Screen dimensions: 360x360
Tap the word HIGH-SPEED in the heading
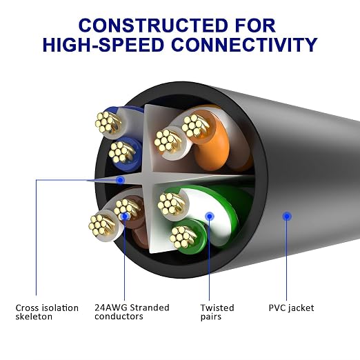click(x=103, y=45)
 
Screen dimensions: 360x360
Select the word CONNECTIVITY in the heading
click(x=244, y=45)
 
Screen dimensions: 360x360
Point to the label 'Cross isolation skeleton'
click(x=47, y=312)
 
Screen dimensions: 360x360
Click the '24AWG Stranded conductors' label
click(x=132, y=312)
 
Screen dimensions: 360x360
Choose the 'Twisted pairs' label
click(x=217, y=312)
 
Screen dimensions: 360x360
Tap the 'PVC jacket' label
click(x=291, y=308)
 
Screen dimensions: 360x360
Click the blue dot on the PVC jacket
click(x=287, y=216)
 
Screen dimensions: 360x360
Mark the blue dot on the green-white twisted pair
click(x=210, y=216)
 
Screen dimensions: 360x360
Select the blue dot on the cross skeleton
click(x=120, y=180)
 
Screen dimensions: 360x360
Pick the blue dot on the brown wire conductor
click(x=125, y=216)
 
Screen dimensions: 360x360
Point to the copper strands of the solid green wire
click(x=182, y=237)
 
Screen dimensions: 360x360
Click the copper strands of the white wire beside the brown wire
click(x=101, y=226)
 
